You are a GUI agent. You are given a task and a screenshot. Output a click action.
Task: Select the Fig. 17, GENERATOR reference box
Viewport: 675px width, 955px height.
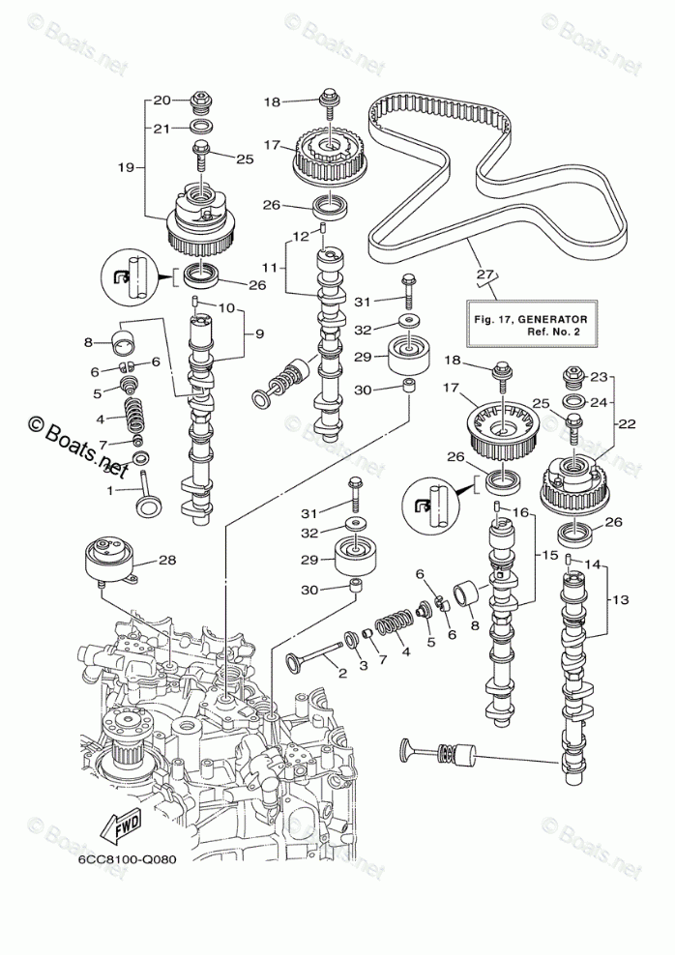[530, 325]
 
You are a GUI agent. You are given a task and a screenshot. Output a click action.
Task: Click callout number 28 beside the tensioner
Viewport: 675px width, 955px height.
[167, 560]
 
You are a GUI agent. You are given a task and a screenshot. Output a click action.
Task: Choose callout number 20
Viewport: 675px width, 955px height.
[162, 101]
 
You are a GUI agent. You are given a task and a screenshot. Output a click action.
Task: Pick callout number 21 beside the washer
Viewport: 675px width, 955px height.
[161, 129]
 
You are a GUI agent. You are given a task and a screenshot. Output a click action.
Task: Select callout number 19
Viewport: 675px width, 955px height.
[127, 167]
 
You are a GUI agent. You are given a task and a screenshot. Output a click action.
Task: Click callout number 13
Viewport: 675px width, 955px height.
[620, 599]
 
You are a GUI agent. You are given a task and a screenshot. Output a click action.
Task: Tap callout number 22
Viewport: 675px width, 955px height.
[627, 423]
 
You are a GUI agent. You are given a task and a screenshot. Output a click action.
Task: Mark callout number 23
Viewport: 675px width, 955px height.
[599, 377]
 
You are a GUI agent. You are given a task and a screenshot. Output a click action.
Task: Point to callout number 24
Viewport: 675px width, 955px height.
[599, 402]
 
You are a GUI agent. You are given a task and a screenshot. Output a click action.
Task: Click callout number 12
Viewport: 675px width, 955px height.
[300, 236]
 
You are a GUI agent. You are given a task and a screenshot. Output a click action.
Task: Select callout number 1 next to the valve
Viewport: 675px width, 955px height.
[110, 490]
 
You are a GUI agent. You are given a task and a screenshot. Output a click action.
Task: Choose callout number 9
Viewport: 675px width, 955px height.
[259, 333]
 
